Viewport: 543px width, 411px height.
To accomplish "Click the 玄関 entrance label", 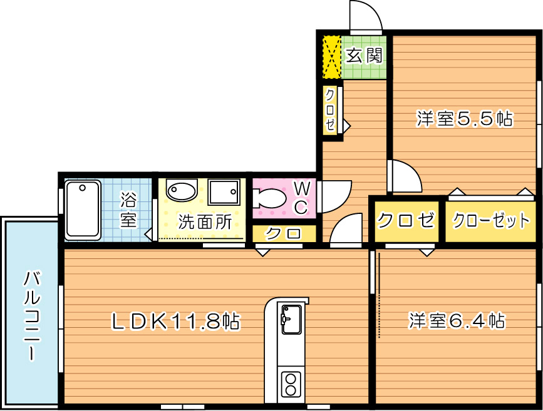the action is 364,55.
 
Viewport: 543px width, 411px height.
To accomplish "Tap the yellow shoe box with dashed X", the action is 332,57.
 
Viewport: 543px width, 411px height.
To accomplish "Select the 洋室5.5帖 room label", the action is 464,119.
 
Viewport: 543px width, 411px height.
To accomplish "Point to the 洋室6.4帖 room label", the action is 457,320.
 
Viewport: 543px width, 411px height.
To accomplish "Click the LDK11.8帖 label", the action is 175,322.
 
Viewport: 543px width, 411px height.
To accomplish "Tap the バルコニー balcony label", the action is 32,316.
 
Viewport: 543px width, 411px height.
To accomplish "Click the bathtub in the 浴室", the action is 83,210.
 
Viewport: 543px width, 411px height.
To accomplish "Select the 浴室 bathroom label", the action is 128,210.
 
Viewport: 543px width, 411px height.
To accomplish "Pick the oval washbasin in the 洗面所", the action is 182,190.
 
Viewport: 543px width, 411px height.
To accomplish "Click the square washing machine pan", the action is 224,192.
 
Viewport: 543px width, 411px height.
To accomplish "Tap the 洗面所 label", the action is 205,223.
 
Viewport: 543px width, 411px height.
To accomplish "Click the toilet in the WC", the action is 269,198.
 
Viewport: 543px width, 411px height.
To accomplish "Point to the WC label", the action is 302,198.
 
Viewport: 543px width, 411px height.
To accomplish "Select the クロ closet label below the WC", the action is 283,234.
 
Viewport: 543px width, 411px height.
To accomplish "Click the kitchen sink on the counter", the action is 291,319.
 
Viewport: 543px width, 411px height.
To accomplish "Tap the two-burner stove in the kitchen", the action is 291,384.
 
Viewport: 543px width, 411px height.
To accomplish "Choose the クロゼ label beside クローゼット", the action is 405,220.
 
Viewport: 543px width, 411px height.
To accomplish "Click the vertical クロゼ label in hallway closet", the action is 330,110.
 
